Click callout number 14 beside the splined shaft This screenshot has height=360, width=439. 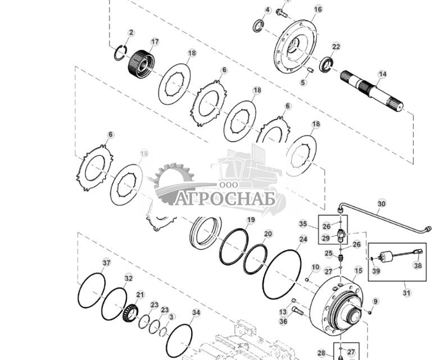(382, 74)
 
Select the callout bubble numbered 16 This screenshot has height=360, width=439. (318, 10)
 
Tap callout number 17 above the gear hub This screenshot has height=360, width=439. (155, 42)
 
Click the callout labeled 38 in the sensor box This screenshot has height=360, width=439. (417, 266)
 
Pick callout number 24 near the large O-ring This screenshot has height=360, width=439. (303, 239)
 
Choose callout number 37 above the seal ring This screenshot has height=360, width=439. (106, 263)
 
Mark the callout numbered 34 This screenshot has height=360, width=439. (196, 312)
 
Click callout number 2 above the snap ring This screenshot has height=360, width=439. (131, 33)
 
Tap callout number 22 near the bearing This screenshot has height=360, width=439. (336, 47)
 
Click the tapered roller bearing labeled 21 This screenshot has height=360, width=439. (130, 311)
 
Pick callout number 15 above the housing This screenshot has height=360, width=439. (358, 271)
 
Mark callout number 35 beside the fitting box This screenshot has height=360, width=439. (302, 224)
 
